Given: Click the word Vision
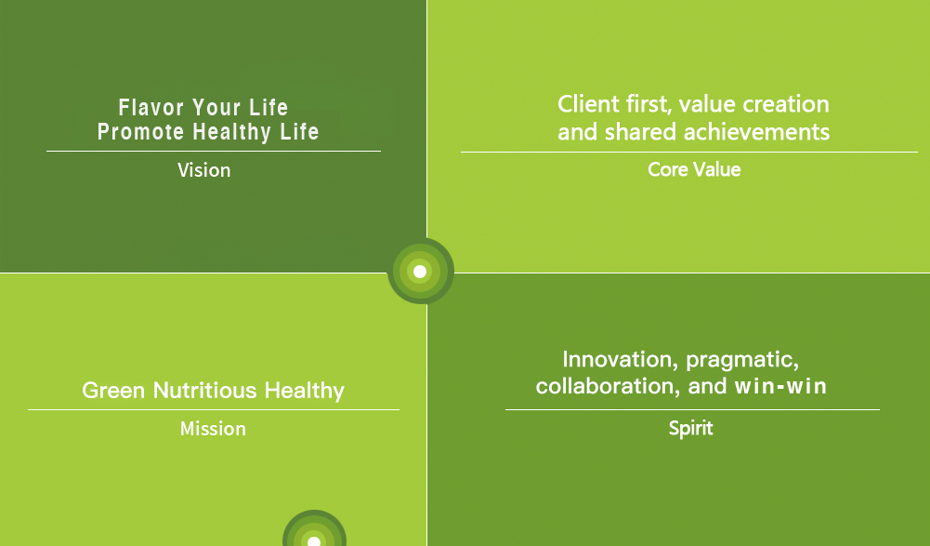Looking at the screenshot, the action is [x=204, y=170].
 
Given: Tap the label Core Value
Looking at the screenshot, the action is [x=694, y=170].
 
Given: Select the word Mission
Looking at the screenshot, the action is [x=213, y=429].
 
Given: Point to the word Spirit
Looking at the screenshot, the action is [x=690, y=429].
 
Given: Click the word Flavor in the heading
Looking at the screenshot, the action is [x=151, y=108].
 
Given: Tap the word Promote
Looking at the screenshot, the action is [x=140, y=132].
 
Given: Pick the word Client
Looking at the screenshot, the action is [x=589, y=104].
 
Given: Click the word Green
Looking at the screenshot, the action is [x=113, y=391].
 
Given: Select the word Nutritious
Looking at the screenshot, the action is [x=205, y=391].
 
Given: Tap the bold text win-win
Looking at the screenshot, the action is [x=780, y=387].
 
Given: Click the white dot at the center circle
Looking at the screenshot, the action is [x=420, y=272].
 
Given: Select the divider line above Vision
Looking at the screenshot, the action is [x=214, y=152].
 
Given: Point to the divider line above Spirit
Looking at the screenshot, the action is [x=692, y=410].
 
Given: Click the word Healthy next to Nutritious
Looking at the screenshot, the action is [x=304, y=392].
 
